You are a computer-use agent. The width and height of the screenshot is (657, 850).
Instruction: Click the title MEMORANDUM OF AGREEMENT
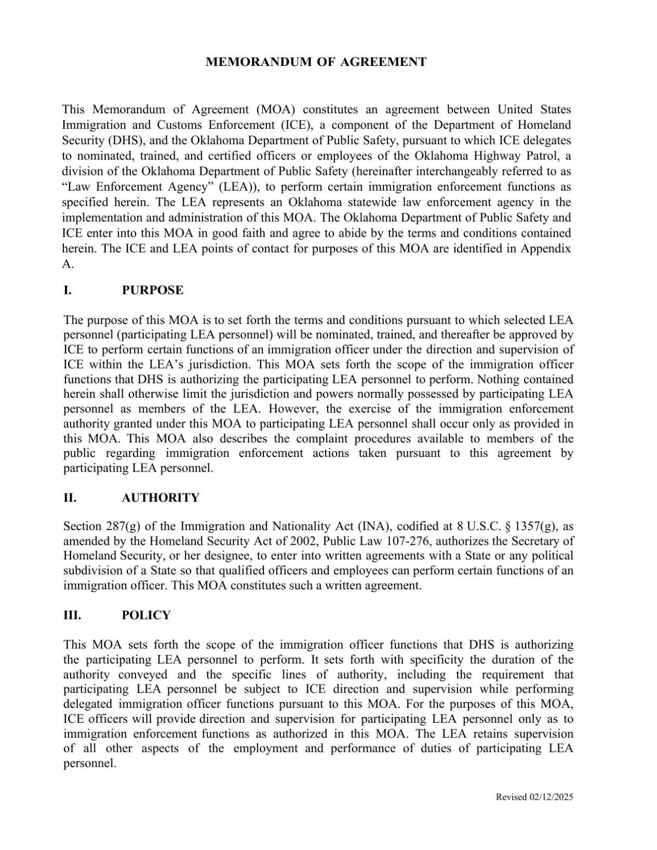316,62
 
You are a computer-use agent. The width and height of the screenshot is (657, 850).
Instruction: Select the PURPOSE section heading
152,290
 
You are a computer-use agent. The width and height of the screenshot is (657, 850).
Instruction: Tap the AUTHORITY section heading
160,497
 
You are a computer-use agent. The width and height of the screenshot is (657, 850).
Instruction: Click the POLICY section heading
146,615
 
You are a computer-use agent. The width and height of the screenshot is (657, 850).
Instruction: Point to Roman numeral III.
72,615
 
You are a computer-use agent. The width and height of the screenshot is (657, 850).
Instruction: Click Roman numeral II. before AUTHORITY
70,497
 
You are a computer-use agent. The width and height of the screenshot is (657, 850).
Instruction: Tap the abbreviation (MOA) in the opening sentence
276,110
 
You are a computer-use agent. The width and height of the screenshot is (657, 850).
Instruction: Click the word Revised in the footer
511,797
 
